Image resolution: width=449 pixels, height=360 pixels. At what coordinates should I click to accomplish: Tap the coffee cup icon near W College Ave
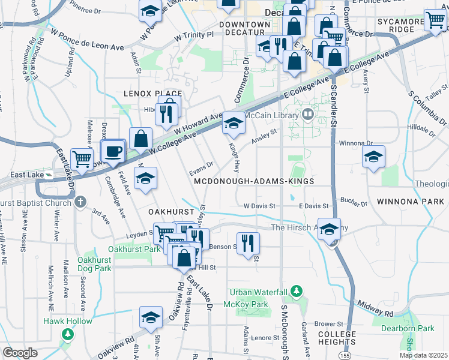click(113, 152)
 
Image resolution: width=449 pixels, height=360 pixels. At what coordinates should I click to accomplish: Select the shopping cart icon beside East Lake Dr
click(82, 158)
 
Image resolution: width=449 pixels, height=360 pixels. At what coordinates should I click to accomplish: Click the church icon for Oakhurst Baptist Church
click(81, 202)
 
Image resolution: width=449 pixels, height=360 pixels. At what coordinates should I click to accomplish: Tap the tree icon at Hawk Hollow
click(68, 333)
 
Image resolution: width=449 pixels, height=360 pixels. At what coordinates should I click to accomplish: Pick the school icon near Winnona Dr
click(374, 158)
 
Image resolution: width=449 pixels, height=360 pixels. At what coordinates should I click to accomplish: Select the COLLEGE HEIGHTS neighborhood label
click(337, 338)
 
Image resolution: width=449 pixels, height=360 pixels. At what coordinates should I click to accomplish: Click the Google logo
click(20, 353)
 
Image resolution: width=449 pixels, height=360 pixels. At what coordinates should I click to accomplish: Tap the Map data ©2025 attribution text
click(423, 355)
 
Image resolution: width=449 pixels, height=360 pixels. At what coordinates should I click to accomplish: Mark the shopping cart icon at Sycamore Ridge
click(435, 21)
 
